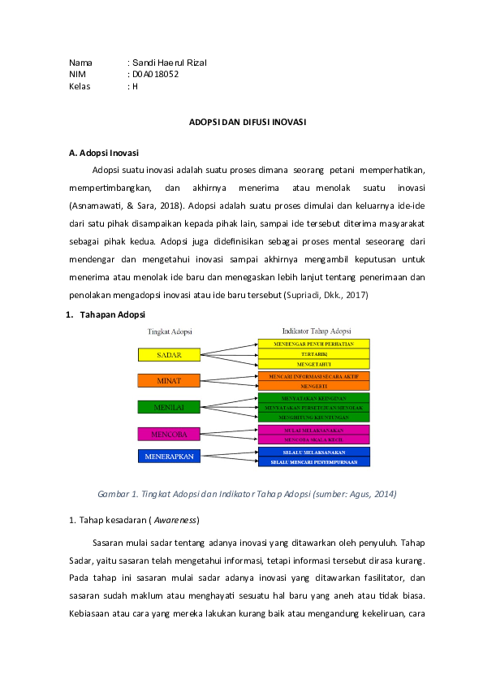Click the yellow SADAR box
(169, 355)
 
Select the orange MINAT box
(169, 380)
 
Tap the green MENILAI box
(169, 406)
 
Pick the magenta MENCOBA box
(169, 432)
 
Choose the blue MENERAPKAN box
(169, 457)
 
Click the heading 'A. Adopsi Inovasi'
(105, 152)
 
